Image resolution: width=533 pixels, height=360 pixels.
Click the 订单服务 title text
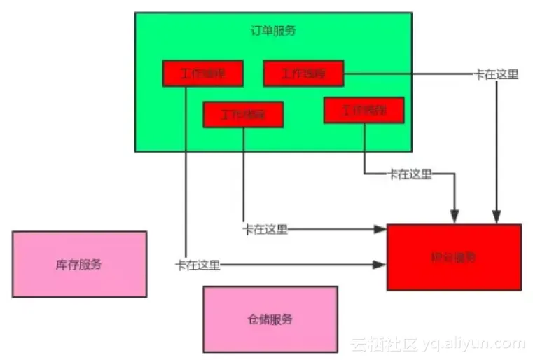point(273,31)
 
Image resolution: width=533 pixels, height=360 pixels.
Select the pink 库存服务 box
point(79,264)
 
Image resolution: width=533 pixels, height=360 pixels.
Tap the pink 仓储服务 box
point(270,319)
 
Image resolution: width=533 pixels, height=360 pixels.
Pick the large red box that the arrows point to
point(453,257)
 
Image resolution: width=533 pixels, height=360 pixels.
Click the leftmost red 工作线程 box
point(202,74)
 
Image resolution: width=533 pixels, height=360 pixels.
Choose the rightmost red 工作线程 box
point(364,110)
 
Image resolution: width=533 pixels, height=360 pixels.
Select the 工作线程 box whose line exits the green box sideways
point(303,74)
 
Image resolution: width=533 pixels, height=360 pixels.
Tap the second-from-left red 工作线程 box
point(243,115)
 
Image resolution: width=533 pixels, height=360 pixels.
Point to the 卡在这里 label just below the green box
point(410,174)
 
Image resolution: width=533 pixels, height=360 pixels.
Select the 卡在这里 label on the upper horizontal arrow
point(265,229)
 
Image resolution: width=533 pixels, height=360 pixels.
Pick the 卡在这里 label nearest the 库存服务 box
point(198,265)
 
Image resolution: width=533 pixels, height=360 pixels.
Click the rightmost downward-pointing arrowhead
point(497,217)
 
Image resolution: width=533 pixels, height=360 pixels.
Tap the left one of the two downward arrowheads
point(455,217)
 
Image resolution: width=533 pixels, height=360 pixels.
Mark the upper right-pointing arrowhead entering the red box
point(380,229)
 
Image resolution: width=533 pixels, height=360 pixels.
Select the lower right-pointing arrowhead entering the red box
point(380,265)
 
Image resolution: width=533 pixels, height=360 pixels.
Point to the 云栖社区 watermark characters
point(383,343)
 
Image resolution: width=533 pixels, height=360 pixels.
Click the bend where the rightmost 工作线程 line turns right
point(365,174)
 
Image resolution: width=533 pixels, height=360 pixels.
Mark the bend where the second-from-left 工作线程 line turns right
point(244,228)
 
